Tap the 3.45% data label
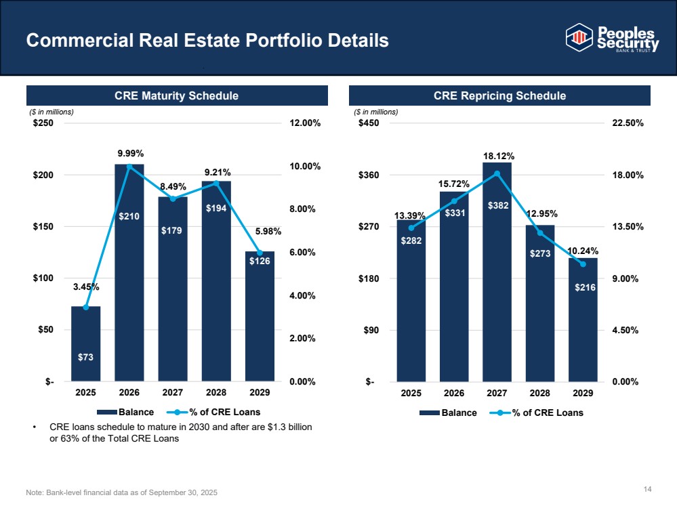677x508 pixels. pyautogui.click(x=86, y=287)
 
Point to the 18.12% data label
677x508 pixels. pyautogui.click(x=497, y=156)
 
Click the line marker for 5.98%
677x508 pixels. pyautogui.click(x=260, y=253)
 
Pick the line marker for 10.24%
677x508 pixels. pyautogui.click(x=583, y=263)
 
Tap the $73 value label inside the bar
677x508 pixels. pyautogui.click(x=86, y=357)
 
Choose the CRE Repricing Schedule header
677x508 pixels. pyautogui.click(x=499, y=96)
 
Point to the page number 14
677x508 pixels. pyautogui.click(x=647, y=489)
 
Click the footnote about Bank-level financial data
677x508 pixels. pyautogui.click(x=122, y=491)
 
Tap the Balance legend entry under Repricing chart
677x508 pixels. pyautogui.click(x=447, y=412)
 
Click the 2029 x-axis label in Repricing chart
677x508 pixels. pyautogui.click(x=583, y=393)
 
